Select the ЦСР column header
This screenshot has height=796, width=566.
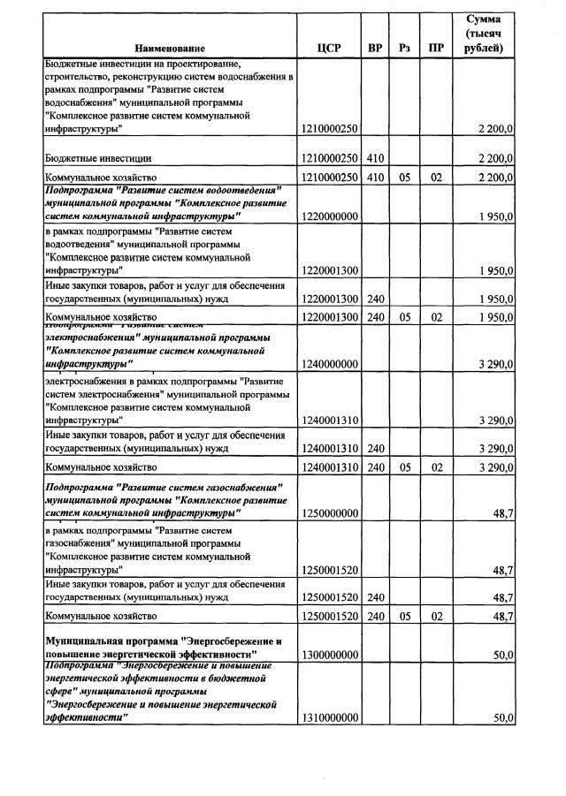pyautogui.click(x=328, y=48)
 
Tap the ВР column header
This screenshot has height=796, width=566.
pyautogui.click(x=375, y=48)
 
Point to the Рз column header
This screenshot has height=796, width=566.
pyautogui.click(x=405, y=48)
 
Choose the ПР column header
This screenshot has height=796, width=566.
pyautogui.click(x=435, y=48)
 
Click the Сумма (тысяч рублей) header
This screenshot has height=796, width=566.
pyautogui.click(x=484, y=33)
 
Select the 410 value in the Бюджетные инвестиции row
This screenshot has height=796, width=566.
pyautogui.click(x=375, y=158)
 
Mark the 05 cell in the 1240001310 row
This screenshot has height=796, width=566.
pyautogui.click(x=405, y=466)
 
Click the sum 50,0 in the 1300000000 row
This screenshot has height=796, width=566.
pyautogui.click(x=502, y=655)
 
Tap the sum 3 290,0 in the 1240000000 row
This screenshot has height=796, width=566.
pyautogui.click(x=496, y=364)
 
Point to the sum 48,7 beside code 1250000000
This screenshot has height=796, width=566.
pyautogui.click(x=503, y=513)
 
